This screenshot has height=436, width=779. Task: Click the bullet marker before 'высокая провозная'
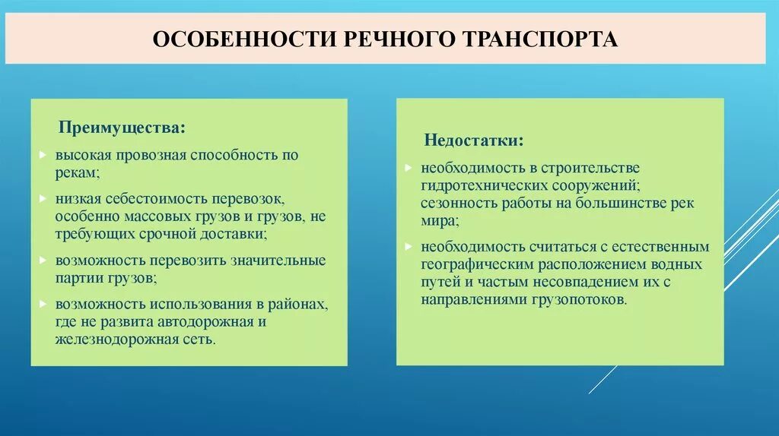[x=43, y=155]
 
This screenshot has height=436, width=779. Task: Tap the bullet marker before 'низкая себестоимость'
[x=43, y=199]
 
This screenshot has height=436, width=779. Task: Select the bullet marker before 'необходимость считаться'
[x=409, y=247]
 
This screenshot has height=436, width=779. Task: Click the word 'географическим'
[x=476, y=265]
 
